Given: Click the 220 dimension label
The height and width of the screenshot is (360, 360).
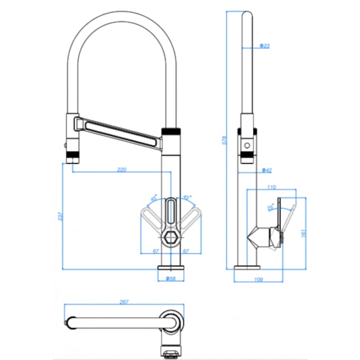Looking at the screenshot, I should click(122, 169).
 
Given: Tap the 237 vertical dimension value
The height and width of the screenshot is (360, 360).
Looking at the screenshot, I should click(60, 217).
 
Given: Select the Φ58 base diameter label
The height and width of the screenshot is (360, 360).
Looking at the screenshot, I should click(170, 278).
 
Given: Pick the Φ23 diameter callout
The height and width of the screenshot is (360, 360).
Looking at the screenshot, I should click(265, 46).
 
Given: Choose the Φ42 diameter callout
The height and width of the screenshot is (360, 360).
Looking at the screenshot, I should click(267, 170).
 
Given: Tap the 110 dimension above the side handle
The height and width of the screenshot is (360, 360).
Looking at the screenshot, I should click(272, 187).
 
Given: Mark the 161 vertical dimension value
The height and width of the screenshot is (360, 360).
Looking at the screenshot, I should click(303, 231).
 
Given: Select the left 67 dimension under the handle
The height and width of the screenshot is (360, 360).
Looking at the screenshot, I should click(156, 251).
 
